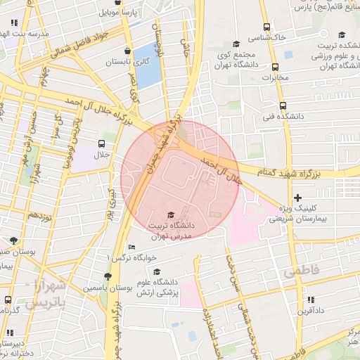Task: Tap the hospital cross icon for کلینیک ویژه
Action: coord(298,198)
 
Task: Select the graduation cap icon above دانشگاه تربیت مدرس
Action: coord(169,214)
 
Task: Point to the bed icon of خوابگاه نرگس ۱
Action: coord(131,247)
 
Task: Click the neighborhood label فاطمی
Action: coord(301,271)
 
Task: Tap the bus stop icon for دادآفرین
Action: coord(300,297)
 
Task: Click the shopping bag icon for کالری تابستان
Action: coord(127,51)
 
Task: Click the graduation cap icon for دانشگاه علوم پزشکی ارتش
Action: coord(157,271)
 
